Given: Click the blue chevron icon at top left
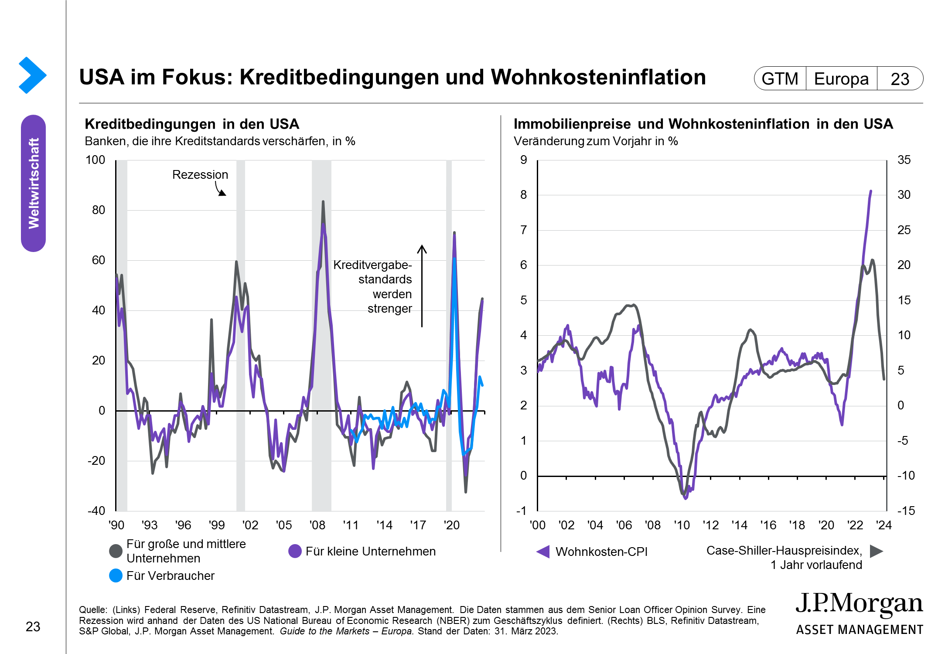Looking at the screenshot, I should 32,75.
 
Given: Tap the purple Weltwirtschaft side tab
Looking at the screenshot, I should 33,183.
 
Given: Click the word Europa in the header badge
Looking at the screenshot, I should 841,79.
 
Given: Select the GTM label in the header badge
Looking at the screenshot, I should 780,79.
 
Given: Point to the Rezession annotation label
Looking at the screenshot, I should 200,175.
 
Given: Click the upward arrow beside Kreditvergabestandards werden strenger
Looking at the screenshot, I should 422,286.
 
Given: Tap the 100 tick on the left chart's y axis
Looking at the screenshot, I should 95,160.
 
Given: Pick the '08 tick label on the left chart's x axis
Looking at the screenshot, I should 317,525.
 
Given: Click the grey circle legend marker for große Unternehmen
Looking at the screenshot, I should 116,551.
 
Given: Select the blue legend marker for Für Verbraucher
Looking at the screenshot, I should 116,576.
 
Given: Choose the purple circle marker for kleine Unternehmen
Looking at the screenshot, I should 295,551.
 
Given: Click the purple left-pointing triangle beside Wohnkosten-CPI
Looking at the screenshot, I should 543,552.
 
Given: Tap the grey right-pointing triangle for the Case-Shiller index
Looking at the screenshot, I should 876,551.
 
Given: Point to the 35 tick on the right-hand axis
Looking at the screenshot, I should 904,160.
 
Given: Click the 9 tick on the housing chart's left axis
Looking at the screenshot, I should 523,160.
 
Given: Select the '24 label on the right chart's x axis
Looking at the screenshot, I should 884,525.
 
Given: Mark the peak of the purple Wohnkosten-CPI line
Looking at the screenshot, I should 871,191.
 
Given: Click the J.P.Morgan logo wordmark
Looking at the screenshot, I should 859,604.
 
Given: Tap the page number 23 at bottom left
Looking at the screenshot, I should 33,627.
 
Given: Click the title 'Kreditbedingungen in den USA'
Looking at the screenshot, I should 192,124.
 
